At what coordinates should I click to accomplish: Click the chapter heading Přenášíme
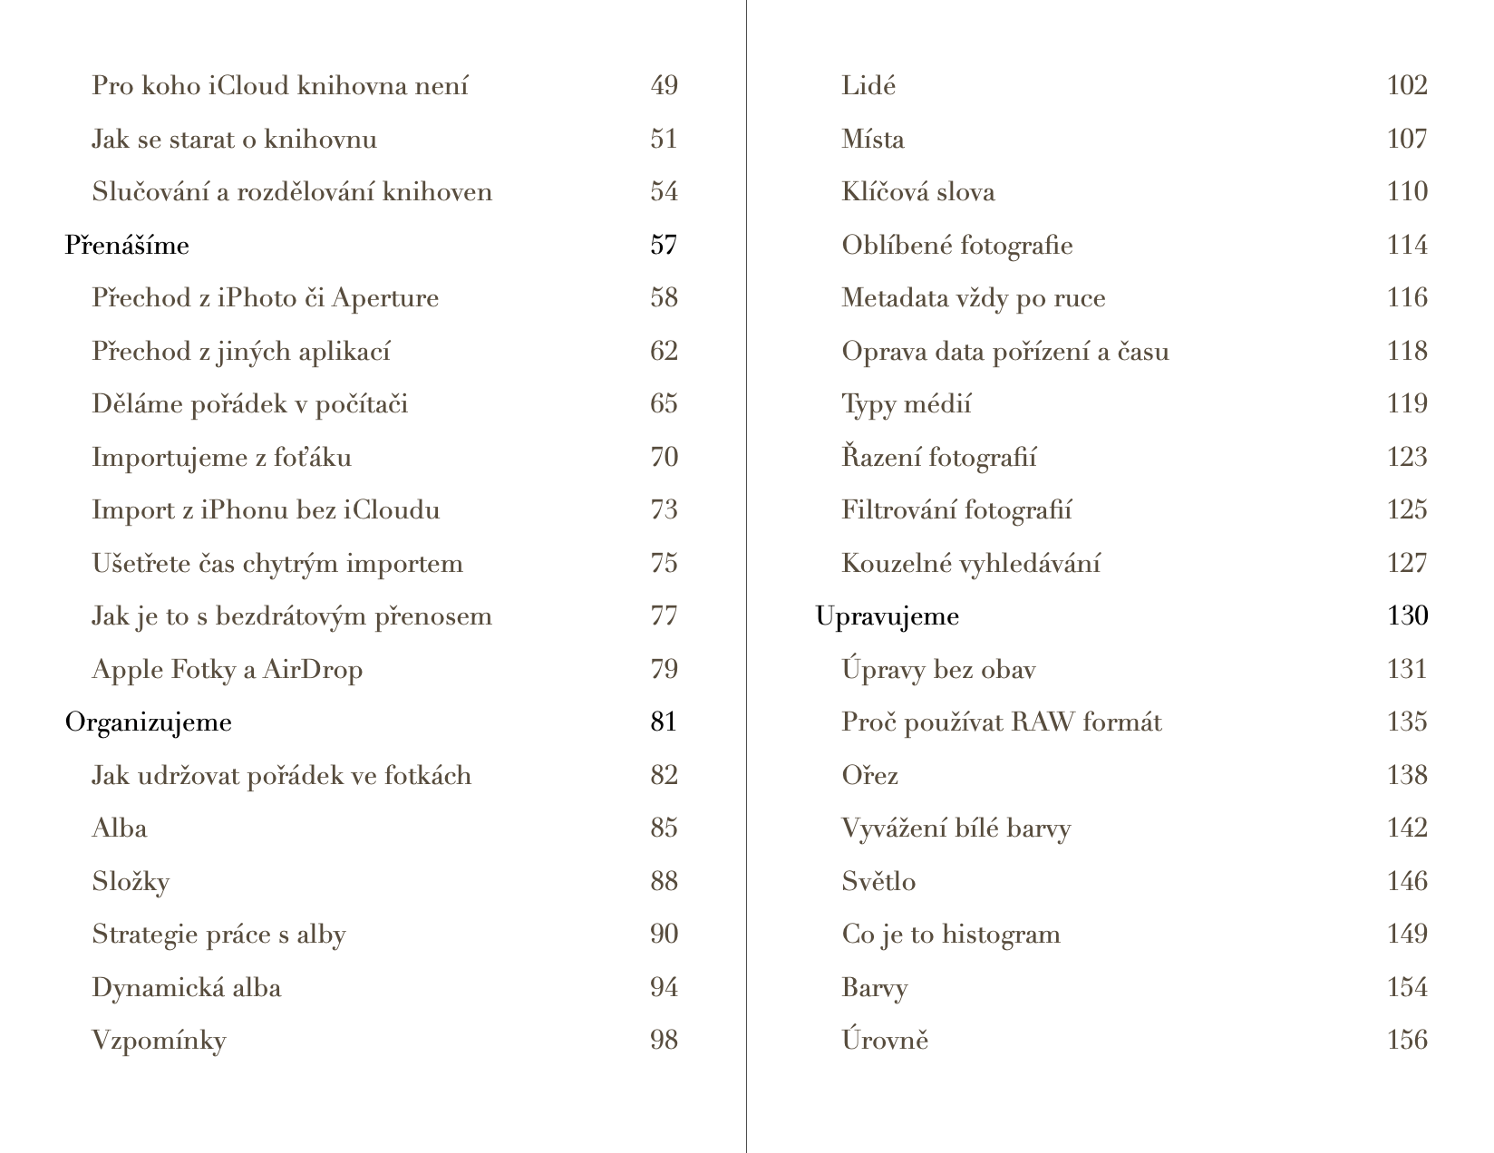click(127, 246)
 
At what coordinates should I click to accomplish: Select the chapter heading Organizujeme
click(149, 722)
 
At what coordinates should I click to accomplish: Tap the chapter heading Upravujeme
click(887, 616)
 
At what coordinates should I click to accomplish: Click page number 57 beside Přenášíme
click(664, 246)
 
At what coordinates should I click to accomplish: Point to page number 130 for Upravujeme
click(1407, 616)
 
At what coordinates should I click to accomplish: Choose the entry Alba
click(119, 828)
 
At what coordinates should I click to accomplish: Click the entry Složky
click(131, 882)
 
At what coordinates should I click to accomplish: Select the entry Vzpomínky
click(159, 1041)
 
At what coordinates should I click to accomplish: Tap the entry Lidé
click(868, 86)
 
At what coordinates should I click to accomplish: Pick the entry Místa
click(872, 140)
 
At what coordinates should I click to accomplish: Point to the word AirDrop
click(313, 670)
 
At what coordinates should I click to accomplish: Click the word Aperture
click(384, 298)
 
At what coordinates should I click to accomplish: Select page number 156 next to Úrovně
click(1407, 1041)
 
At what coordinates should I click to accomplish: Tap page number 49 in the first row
click(664, 86)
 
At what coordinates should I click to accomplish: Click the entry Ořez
click(869, 776)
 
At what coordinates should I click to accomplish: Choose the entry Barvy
click(874, 988)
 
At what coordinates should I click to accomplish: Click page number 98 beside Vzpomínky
click(664, 1041)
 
